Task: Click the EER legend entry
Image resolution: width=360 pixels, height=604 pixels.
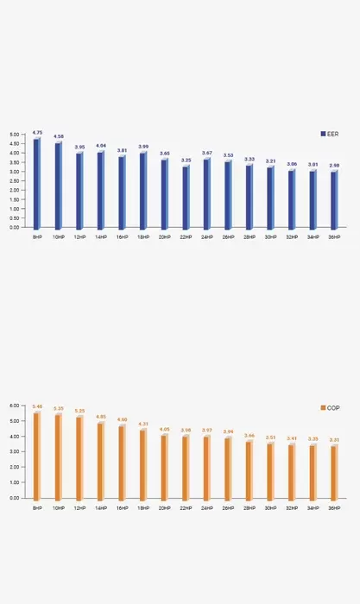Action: click(x=329, y=134)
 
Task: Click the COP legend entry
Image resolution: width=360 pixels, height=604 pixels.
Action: click(x=329, y=407)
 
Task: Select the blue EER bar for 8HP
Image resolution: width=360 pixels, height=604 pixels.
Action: click(x=37, y=183)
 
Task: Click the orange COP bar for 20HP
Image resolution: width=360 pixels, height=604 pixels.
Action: click(x=164, y=466)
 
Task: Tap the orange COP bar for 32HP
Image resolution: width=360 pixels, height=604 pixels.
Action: click(x=291, y=470)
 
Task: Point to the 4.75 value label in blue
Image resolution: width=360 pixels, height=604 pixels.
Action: click(x=37, y=133)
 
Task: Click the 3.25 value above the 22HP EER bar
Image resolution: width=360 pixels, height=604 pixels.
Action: click(x=186, y=160)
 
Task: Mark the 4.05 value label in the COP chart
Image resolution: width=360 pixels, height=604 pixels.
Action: click(x=164, y=429)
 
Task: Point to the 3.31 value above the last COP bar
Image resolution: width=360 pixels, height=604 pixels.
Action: click(x=334, y=440)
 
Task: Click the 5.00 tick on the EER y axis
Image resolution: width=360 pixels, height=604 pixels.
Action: click(x=14, y=135)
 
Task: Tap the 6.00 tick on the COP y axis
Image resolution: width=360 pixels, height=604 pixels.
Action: click(x=14, y=405)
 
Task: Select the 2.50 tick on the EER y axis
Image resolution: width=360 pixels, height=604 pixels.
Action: click(x=14, y=181)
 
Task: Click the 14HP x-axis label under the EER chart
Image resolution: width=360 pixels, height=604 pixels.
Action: click(x=101, y=236)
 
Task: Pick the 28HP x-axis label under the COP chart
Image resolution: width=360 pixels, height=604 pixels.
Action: click(x=249, y=508)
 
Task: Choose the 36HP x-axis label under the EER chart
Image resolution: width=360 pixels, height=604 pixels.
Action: click(x=334, y=236)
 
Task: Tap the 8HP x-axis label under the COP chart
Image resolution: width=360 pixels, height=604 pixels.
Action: click(x=37, y=508)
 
